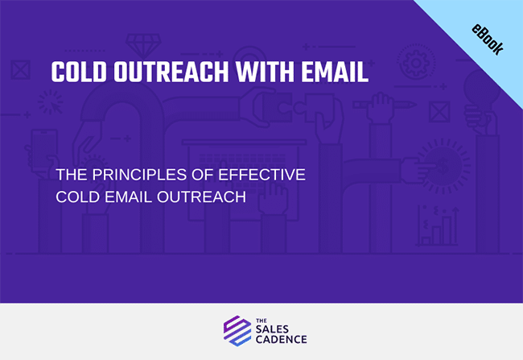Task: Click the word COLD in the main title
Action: (79, 72)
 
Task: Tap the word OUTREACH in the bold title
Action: (171, 72)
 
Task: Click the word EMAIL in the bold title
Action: (335, 72)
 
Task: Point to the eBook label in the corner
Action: (488, 39)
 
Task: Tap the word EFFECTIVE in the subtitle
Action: (261, 175)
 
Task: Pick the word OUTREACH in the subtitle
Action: (201, 197)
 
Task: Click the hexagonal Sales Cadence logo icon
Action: (237, 331)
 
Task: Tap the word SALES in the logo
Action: (272, 329)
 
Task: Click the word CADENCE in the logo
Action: (281, 340)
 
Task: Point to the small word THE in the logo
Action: (261, 321)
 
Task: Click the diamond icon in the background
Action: (143, 44)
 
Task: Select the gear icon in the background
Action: (416, 63)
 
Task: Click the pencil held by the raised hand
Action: (385, 105)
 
